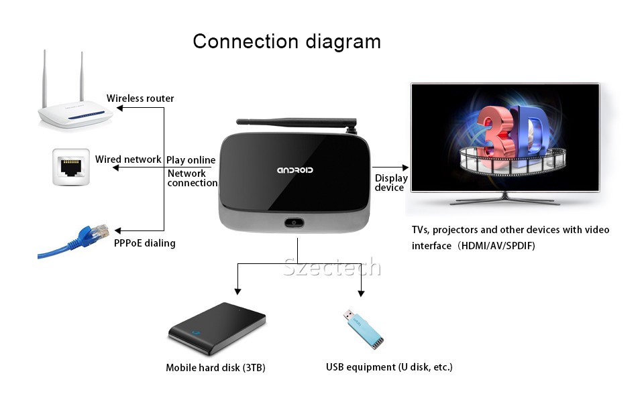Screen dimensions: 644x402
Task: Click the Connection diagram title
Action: pyautogui.click(x=286, y=42)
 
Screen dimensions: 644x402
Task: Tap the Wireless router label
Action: pyautogui.click(x=140, y=98)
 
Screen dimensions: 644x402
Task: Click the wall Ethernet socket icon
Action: pyautogui.click(x=71, y=167)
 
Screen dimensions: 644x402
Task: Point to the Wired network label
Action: pyautogui.click(x=128, y=159)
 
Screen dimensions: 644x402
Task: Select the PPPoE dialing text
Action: pyautogui.click(x=145, y=243)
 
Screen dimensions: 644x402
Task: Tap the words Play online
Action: pyautogui.click(x=191, y=160)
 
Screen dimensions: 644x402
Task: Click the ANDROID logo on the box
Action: pyautogui.click(x=295, y=170)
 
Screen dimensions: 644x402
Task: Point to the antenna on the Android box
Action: pyautogui.click(x=297, y=123)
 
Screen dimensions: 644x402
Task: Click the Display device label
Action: pyautogui.click(x=391, y=183)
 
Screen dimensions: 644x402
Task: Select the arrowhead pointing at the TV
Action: pyautogui.click(x=405, y=167)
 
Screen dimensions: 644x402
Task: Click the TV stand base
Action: pyautogui.click(x=505, y=200)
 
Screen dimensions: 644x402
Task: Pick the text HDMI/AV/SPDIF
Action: pyautogui.click(x=498, y=246)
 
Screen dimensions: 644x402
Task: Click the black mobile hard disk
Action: pyautogui.click(x=217, y=328)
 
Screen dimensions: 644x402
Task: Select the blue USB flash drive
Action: pyautogui.click(x=364, y=329)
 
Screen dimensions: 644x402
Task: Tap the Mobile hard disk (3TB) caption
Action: pyautogui.click(x=215, y=368)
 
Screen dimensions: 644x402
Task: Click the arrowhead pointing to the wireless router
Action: pyautogui.click(x=119, y=108)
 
